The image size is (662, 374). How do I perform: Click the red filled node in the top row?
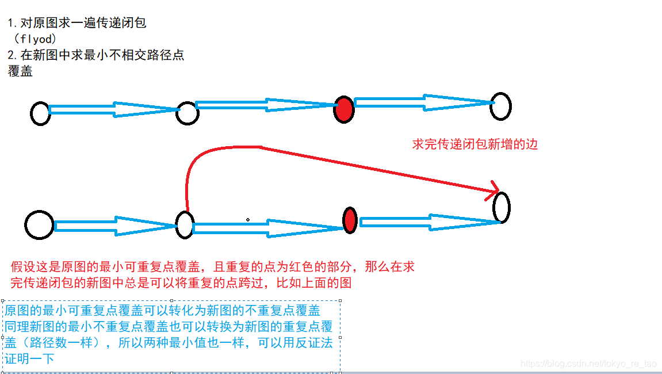pyautogui.click(x=344, y=109)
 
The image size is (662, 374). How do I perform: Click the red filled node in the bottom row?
pyautogui.click(x=350, y=220)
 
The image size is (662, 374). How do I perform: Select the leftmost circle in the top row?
pyautogui.click(x=40, y=113)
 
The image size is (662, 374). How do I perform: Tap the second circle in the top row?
pyautogui.click(x=187, y=113)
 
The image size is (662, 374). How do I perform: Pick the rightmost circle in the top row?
pyautogui.click(x=500, y=106)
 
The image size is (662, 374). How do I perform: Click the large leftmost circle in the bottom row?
pyautogui.click(x=39, y=224)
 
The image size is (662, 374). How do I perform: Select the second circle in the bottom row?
pyautogui.click(x=184, y=224)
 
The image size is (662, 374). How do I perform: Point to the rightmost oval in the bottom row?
pyautogui.click(x=502, y=208)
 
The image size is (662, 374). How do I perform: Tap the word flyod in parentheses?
pyautogui.click(x=38, y=40)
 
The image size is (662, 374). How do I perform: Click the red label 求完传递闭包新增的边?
pyautogui.click(x=475, y=144)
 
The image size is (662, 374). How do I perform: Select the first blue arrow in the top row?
pyautogui.click(x=114, y=109)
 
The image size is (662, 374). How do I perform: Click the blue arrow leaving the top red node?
pyautogui.click(x=423, y=102)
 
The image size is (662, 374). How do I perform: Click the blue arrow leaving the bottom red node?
pyautogui.click(x=428, y=222)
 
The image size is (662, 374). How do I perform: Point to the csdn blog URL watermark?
pyautogui.click(x=588, y=364)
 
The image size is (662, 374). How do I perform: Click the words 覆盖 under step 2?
pyautogui.click(x=20, y=71)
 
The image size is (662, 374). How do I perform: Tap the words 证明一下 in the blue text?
pyautogui.click(x=30, y=358)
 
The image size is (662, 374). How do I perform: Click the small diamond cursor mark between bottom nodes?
pyautogui.click(x=248, y=219)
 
